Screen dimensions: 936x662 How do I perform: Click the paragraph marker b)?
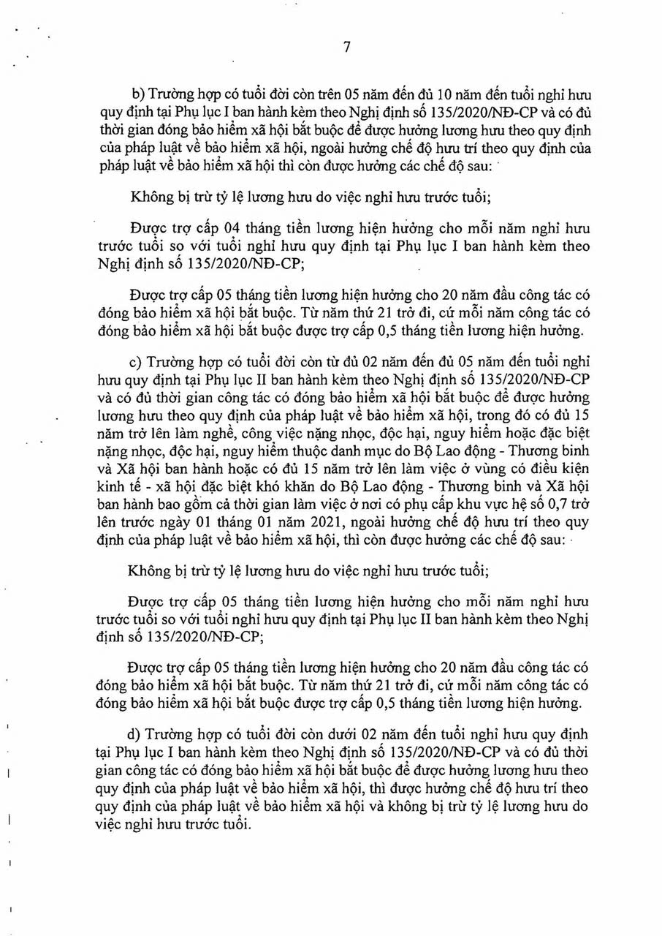[137, 96]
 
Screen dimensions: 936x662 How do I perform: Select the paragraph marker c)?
[137, 363]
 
